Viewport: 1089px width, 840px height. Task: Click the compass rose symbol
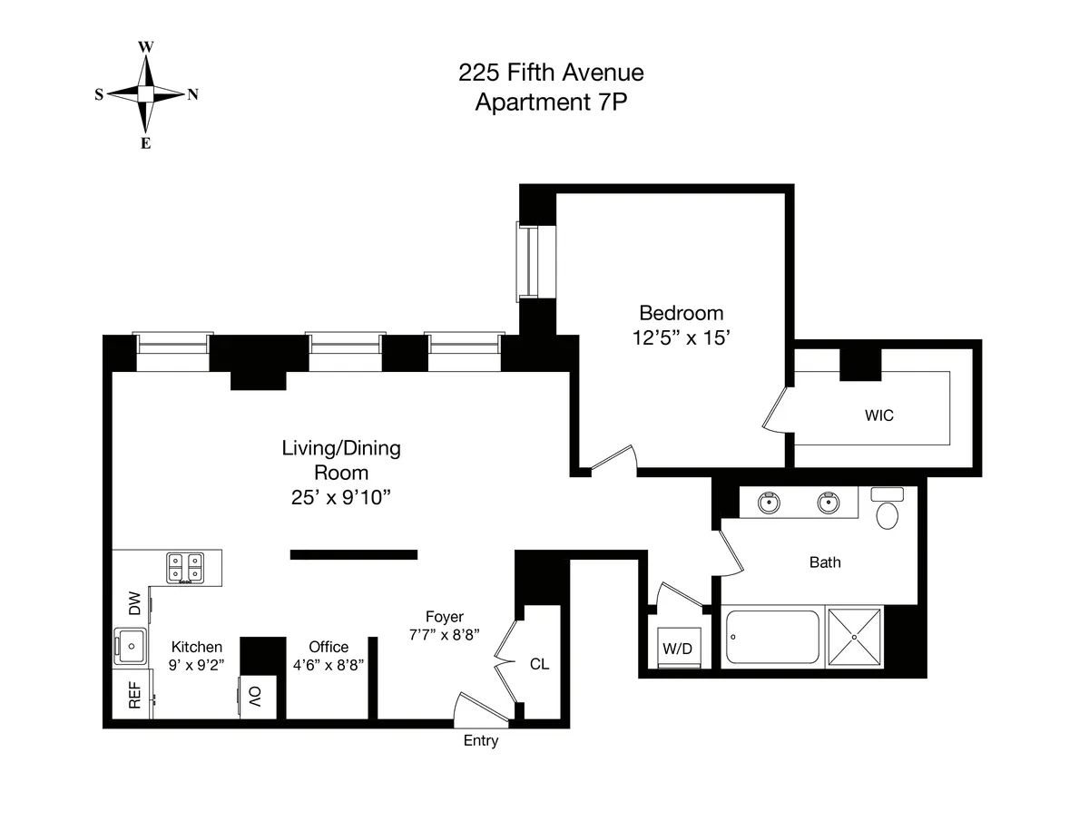145,94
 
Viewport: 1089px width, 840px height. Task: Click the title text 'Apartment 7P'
552,102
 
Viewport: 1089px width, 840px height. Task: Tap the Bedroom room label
682,314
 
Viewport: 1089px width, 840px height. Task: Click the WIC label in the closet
878,416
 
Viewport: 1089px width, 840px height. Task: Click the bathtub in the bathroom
773,638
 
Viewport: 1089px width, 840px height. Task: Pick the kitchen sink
132,648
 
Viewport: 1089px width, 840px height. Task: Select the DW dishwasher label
134,603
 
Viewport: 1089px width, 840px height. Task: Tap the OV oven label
255,697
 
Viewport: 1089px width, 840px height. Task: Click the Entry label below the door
481,741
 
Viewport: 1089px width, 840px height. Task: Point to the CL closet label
539,664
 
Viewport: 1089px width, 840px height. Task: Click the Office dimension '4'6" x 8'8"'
329,664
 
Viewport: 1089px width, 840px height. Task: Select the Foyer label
445,617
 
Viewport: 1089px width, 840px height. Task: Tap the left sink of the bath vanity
770,502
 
